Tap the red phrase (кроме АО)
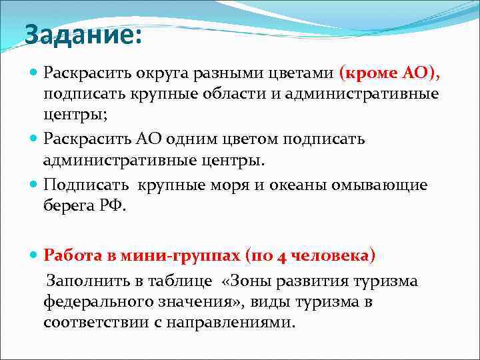(389, 72)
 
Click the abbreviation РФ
(110, 205)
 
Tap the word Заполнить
(85, 281)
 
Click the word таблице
(185, 281)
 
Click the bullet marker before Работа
(35, 255)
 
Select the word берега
(67, 205)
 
